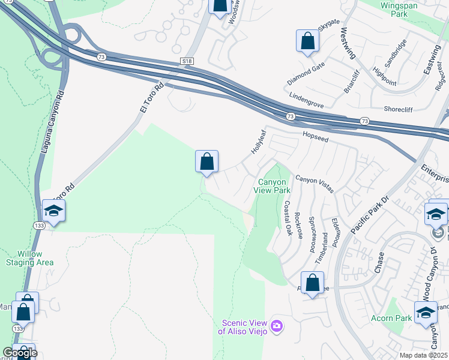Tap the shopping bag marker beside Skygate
point(308,41)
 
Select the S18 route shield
point(188,61)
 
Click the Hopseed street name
point(316,137)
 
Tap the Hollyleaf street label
point(258,142)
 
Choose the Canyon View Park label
point(274,186)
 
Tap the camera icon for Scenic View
point(276,325)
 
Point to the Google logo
point(19,353)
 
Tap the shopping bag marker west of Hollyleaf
point(206,162)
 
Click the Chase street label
point(379,262)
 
